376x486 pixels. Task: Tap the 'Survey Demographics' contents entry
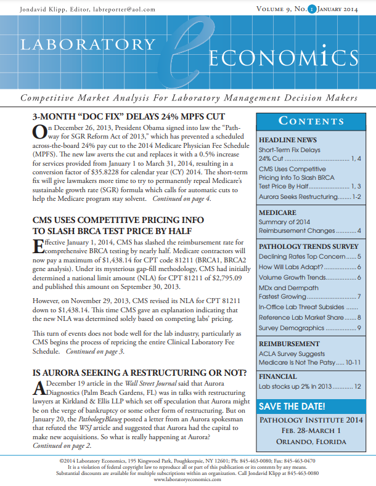click(287, 328)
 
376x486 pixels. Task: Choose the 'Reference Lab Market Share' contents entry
click(299, 317)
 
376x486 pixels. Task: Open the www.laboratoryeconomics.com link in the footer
click(187, 479)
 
